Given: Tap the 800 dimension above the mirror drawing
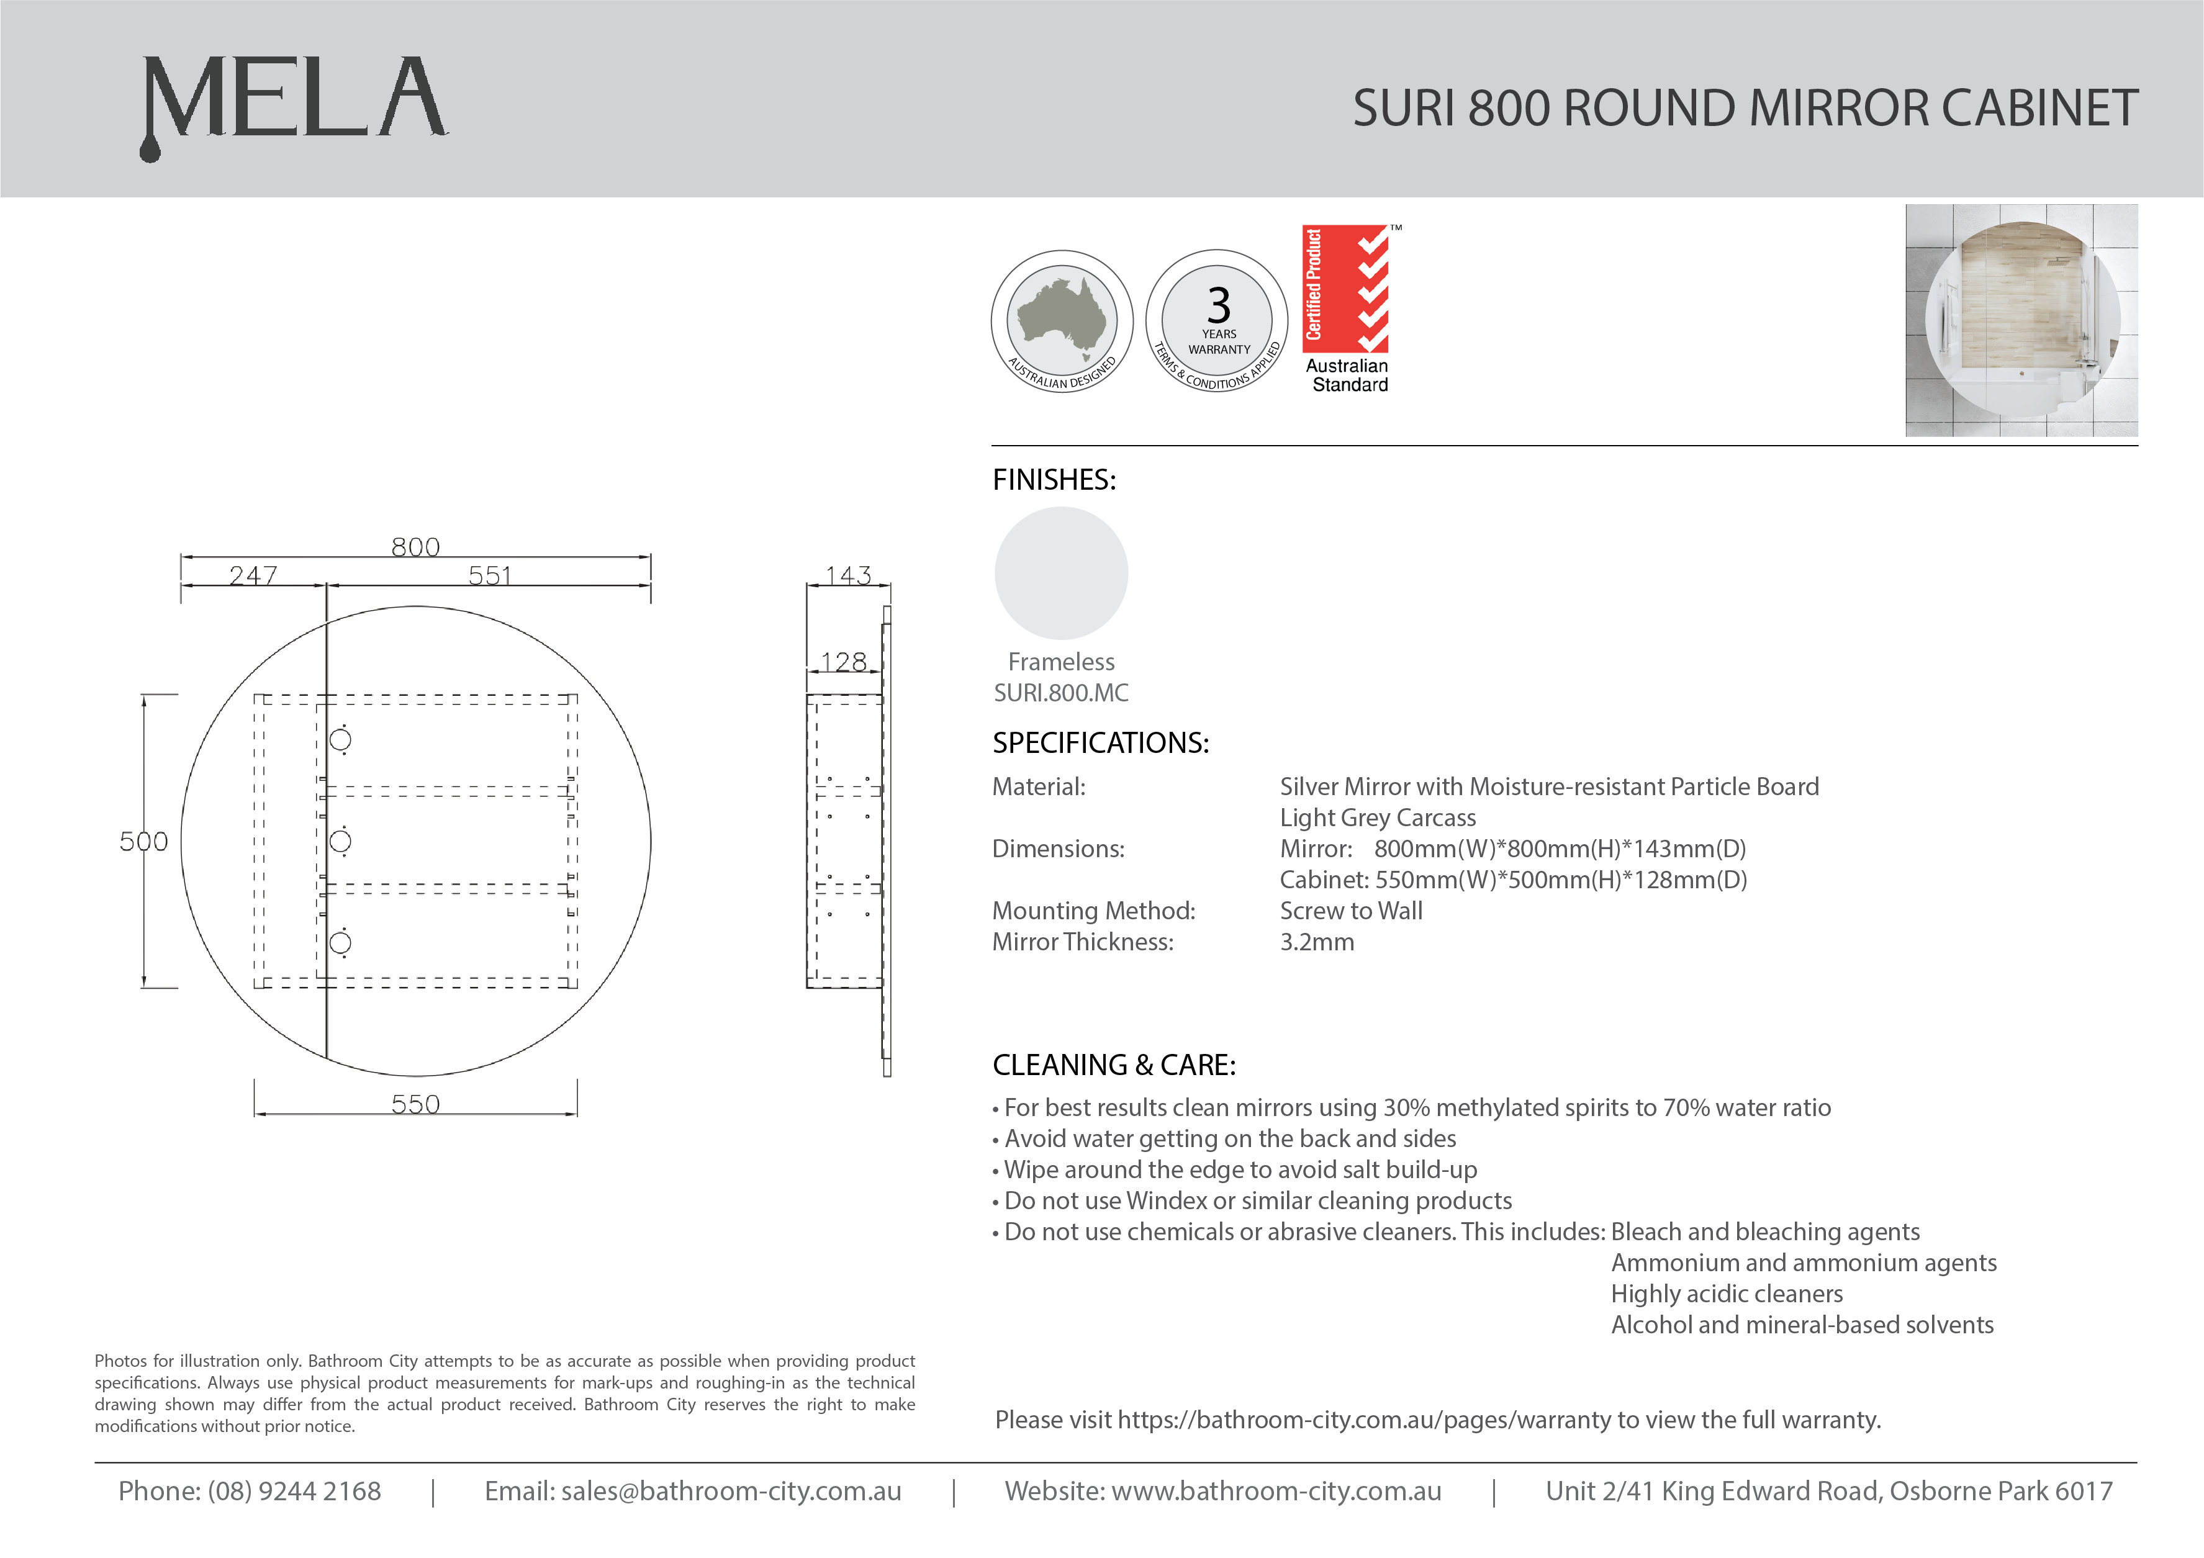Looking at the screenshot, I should click(x=415, y=546).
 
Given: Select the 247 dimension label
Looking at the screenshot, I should click(x=253, y=575).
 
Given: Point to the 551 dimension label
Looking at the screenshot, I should click(x=490, y=575).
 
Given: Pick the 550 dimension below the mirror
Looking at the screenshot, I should click(x=415, y=1104).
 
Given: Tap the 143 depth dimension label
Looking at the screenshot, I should click(x=849, y=575).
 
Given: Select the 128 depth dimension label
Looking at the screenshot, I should click(x=844, y=662).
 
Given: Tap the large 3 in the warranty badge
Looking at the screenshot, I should click(x=1218, y=306).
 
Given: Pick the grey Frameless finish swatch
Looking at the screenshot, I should click(x=1061, y=573).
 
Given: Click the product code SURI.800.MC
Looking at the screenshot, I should click(x=1061, y=692).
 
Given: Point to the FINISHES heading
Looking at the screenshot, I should click(x=1054, y=480).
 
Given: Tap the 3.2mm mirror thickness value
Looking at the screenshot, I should click(x=1317, y=942).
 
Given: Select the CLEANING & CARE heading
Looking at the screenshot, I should click(x=1114, y=1065).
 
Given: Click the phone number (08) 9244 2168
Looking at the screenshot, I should click(x=294, y=1491).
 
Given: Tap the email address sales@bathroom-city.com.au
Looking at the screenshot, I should click(x=731, y=1491).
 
